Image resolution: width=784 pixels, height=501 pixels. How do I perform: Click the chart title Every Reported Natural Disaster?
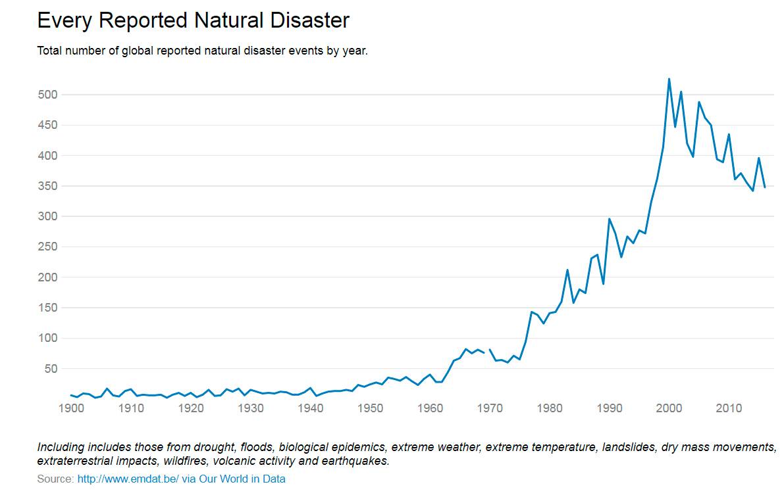pos(193,21)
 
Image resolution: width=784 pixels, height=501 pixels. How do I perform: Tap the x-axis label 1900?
pos(71,408)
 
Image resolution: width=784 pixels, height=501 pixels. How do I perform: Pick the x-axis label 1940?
pos(310,408)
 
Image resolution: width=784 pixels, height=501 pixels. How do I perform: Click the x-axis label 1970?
pos(490,408)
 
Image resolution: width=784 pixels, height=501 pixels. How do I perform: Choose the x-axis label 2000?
pos(669,408)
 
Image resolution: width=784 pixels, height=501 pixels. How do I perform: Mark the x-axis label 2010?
pos(729,408)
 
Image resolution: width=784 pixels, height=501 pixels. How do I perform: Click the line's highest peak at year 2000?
pos(669,79)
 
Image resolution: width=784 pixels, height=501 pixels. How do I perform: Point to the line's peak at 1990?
pos(610,219)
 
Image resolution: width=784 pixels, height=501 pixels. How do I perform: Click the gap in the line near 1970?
pos(487,351)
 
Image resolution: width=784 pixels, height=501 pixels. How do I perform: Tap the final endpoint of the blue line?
pos(765,187)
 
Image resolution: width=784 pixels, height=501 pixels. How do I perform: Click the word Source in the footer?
pos(55,479)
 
